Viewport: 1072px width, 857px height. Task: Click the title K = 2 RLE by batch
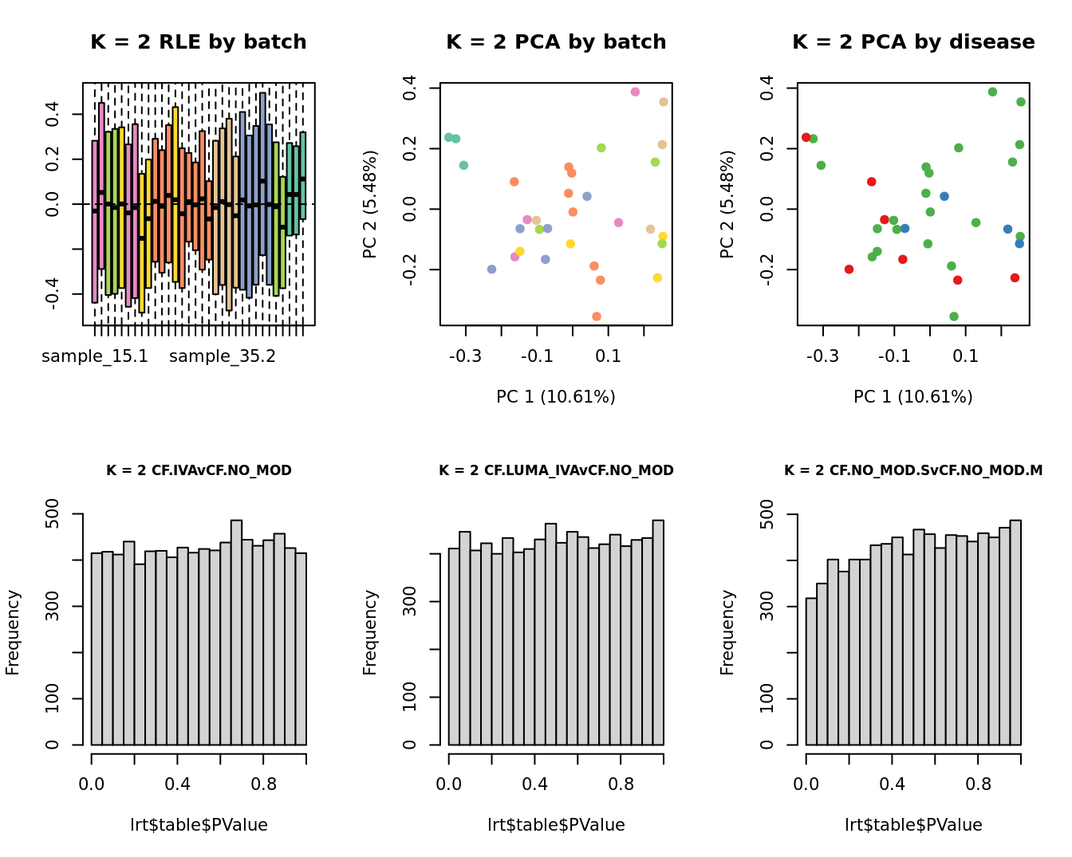point(198,42)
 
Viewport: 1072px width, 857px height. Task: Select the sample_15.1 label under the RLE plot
point(95,356)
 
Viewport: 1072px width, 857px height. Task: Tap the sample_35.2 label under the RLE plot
point(223,356)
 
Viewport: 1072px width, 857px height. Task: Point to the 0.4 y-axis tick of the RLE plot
point(53,114)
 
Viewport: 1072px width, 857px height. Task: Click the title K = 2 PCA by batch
point(556,42)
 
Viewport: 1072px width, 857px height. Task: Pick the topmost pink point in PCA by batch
point(635,92)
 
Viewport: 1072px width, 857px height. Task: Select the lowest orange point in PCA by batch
point(597,316)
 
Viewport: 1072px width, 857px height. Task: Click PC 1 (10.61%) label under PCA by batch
point(556,397)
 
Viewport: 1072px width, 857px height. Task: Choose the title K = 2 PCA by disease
point(913,42)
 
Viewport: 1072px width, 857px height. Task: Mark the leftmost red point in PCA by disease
point(806,137)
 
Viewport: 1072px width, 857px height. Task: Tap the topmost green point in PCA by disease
point(992,92)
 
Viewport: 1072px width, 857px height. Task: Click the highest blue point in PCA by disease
point(944,196)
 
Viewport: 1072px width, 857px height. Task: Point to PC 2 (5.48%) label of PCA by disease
point(727,204)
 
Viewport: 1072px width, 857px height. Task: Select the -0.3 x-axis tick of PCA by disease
point(822,356)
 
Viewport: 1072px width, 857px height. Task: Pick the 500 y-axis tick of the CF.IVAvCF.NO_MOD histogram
point(53,514)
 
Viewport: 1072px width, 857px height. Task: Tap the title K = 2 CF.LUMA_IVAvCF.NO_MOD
point(556,470)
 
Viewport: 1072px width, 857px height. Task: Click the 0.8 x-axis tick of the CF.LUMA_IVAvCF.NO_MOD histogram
point(621,784)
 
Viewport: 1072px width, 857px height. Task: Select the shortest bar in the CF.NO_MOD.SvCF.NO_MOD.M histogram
point(811,671)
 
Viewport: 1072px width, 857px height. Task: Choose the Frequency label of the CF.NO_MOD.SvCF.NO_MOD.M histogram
point(727,632)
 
